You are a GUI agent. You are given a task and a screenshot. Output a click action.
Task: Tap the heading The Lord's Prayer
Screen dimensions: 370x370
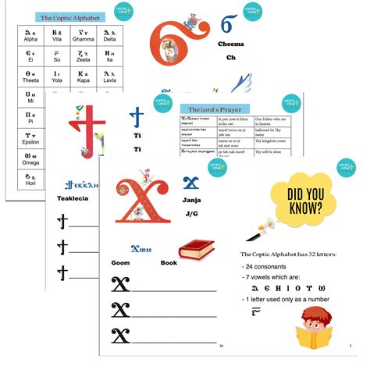(212, 110)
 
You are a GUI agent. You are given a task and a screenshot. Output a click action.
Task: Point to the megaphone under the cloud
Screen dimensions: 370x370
(258, 229)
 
